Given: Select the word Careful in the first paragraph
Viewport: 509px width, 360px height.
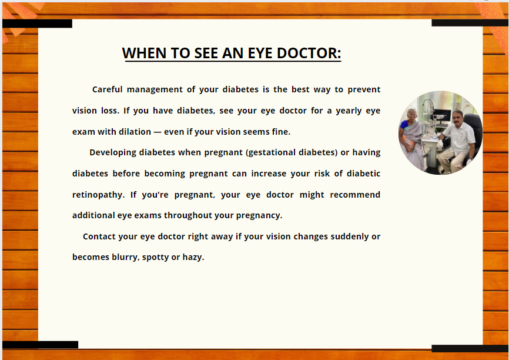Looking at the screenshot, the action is coord(108,89).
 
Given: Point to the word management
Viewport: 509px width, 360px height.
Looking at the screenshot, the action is coord(155,89).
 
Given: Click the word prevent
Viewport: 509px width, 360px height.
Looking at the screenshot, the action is coord(364,89).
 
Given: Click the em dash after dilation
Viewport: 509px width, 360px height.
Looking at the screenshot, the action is coord(158,132).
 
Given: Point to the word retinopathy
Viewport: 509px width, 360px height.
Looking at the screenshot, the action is coord(98,195).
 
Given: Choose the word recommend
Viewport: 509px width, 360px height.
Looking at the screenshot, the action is coord(355,195).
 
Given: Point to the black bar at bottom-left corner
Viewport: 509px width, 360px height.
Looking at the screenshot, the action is coord(40,345).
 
